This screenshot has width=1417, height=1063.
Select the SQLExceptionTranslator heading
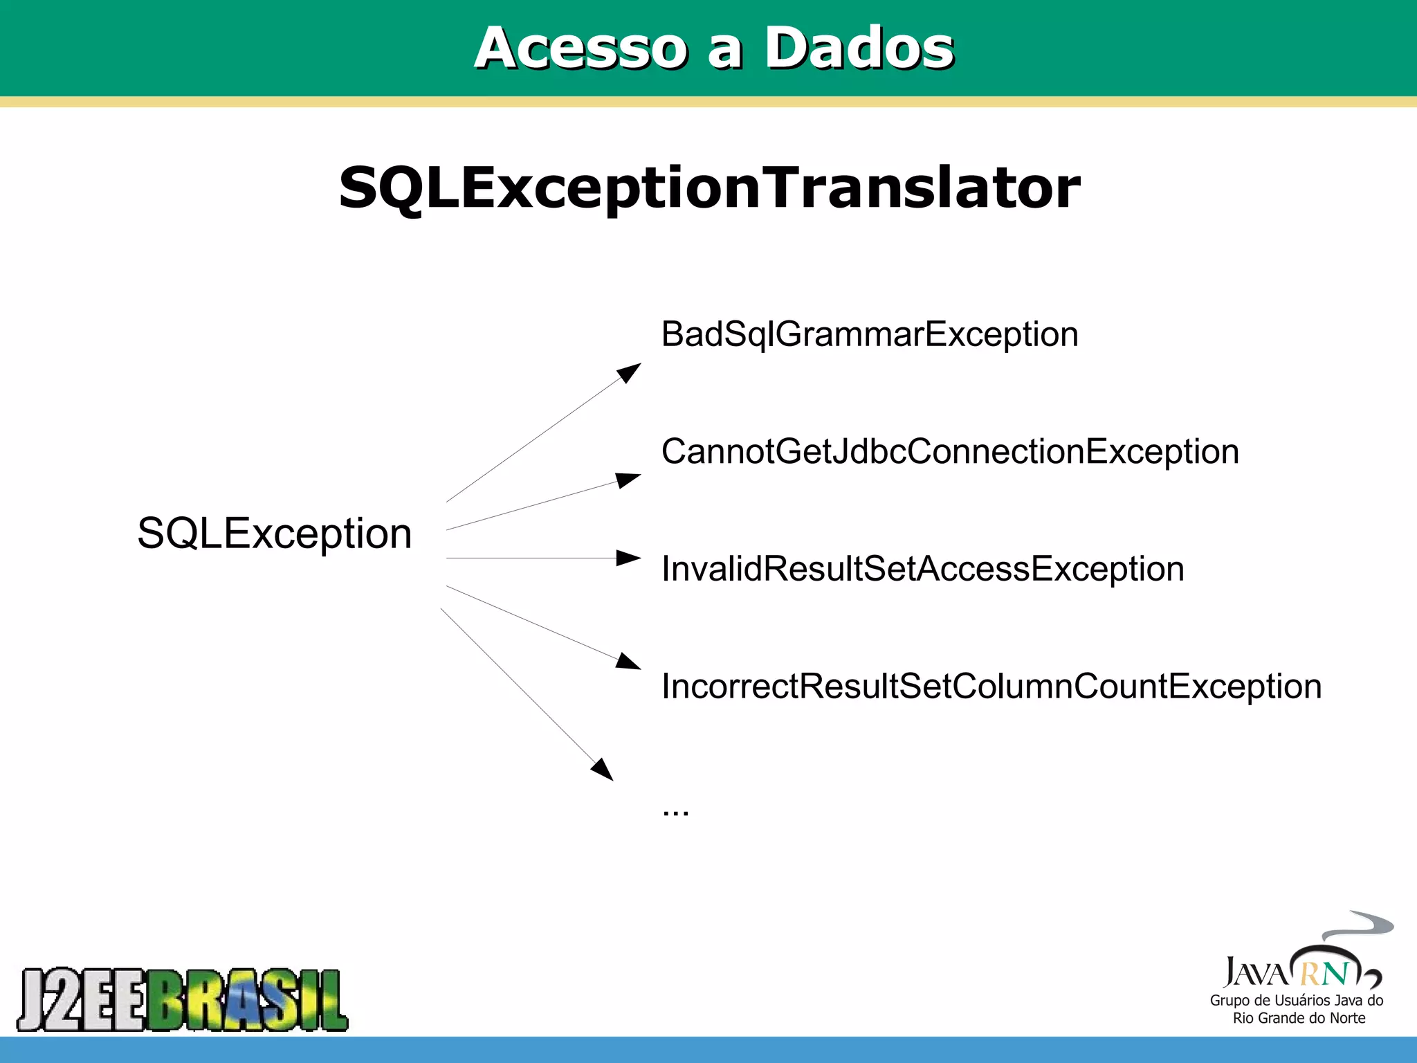point(709,188)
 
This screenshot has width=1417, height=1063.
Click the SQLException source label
point(274,534)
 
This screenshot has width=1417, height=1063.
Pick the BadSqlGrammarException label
point(870,335)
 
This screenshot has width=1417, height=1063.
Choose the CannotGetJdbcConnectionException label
point(950,452)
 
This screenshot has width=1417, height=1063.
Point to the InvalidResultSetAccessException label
point(922,570)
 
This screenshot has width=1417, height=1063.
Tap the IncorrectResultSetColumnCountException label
point(991,687)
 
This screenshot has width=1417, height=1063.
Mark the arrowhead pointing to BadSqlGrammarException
point(630,372)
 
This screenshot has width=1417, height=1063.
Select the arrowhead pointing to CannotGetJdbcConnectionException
point(628,480)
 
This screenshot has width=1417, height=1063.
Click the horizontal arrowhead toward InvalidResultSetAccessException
point(628,558)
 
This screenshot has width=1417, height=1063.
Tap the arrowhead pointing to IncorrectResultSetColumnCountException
point(628,662)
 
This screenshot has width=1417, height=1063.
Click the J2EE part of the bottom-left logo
point(83,1000)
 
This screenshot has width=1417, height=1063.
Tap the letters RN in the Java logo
point(1324,974)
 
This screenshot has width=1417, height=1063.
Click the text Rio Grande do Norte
point(1299,1018)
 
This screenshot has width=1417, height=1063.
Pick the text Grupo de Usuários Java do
point(1296,1001)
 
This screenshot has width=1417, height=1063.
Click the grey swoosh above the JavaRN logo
point(1360,925)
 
